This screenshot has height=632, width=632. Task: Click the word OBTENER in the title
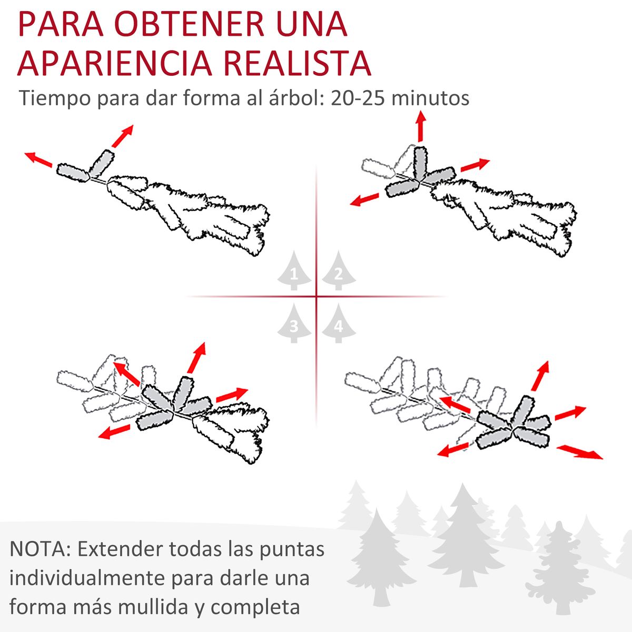click(190, 25)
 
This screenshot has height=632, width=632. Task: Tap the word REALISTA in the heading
click(298, 63)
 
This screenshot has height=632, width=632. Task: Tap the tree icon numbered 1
click(294, 271)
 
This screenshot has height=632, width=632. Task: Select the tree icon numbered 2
click(339, 271)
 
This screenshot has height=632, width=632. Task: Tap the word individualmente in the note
click(87, 578)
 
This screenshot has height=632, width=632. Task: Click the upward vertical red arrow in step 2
click(420, 126)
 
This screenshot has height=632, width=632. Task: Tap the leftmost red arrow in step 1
click(38, 160)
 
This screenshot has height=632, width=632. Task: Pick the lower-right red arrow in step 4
click(579, 452)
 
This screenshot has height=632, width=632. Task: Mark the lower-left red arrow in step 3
click(114, 432)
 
